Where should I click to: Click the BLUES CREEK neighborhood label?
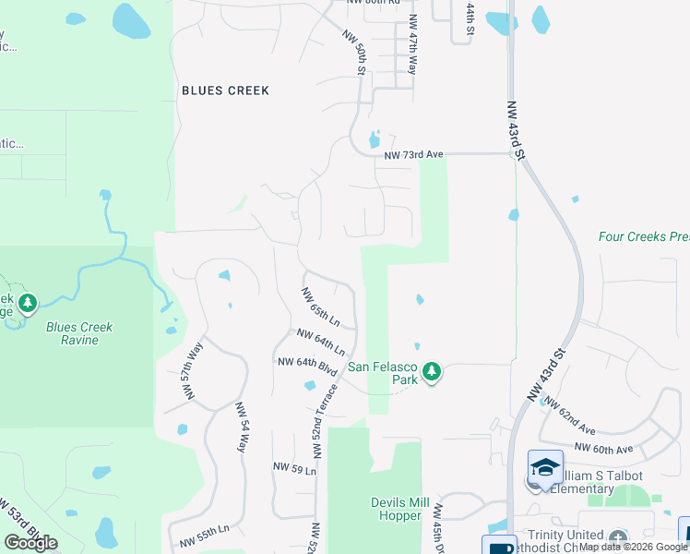tap(225, 90)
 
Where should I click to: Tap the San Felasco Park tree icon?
tap(431, 373)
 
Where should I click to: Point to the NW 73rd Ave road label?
tap(414, 154)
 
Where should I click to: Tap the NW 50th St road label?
tap(356, 53)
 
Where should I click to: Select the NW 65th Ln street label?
tap(321, 306)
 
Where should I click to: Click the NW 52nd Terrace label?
tap(324, 420)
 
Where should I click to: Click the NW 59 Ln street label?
tap(294, 470)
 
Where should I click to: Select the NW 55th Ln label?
tap(204, 536)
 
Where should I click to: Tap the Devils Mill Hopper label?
tap(400, 509)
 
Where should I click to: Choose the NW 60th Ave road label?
tap(603, 449)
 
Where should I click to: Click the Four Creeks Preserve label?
tap(643, 237)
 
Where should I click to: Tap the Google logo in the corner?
tap(30, 543)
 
